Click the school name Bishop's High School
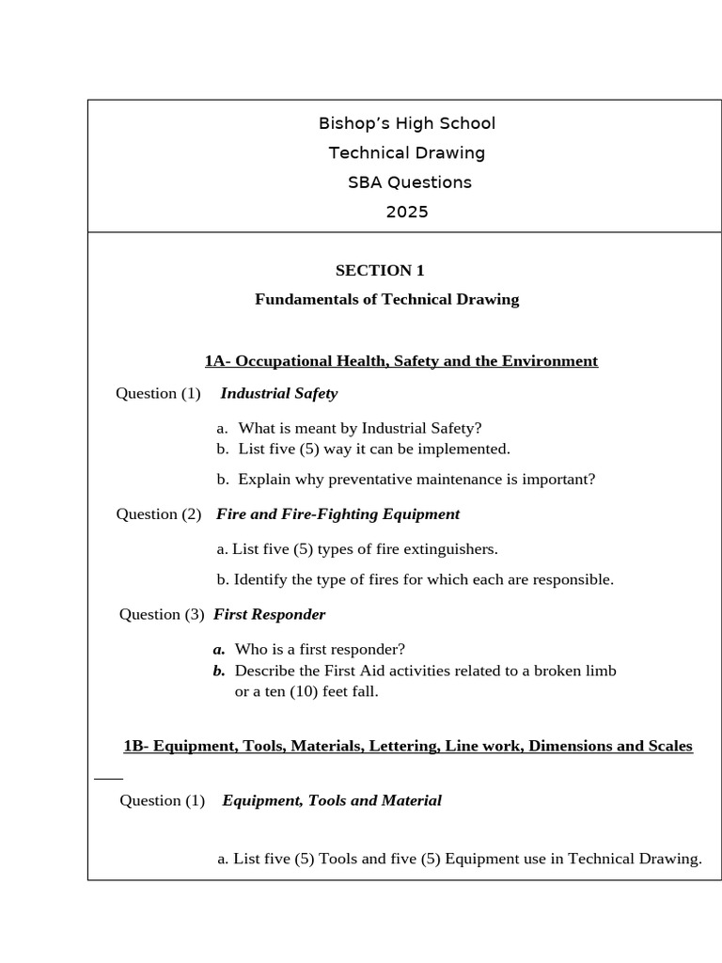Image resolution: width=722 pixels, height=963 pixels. pyautogui.click(x=407, y=123)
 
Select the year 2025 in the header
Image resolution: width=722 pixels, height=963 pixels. pyautogui.click(x=407, y=212)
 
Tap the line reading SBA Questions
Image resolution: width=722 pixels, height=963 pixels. pyautogui.click(x=409, y=182)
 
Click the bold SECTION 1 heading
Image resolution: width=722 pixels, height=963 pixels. pyautogui.click(x=380, y=271)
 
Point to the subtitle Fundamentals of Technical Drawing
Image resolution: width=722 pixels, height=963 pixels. pyautogui.click(x=386, y=299)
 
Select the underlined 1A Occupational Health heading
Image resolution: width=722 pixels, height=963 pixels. pyautogui.click(x=400, y=361)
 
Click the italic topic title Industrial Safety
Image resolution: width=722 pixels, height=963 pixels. pyautogui.click(x=278, y=393)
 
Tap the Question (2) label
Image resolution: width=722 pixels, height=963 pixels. pyautogui.click(x=159, y=514)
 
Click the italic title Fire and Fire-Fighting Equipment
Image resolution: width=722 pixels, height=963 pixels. pyautogui.click(x=337, y=514)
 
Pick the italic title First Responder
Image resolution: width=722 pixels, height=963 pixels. pyautogui.click(x=269, y=614)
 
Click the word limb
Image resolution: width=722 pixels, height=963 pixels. pyautogui.click(x=599, y=671)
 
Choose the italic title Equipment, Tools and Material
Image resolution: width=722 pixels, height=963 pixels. pyautogui.click(x=331, y=800)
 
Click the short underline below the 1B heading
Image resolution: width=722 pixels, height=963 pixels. pyautogui.click(x=109, y=779)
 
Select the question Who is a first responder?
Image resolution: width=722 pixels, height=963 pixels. pyautogui.click(x=320, y=649)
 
